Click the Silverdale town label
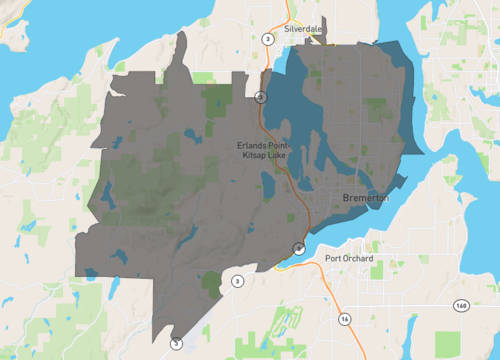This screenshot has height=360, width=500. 303,29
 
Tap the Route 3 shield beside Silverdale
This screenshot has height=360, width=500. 268,38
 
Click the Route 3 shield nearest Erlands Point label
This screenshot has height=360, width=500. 259,97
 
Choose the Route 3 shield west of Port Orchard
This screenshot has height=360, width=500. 236,282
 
